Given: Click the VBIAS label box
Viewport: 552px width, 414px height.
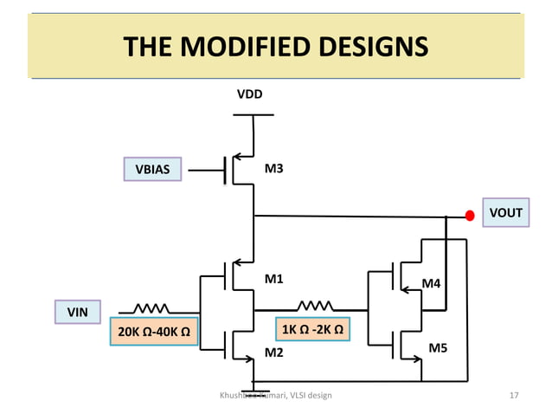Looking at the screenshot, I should pyautogui.click(x=151, y=170).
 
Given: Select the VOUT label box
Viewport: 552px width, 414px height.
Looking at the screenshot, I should pyautogui.click(x=505, y=213).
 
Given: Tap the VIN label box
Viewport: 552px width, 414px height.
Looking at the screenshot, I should pyautogui.click(x=78, y=311).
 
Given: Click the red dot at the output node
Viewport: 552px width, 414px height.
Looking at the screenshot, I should pyautogui.click(x=470, y=216).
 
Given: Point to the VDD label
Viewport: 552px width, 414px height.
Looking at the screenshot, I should pyautogui.click(x=250, y=94).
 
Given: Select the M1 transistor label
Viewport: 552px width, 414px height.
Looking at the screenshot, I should pyautogui.click(x=274, y=280).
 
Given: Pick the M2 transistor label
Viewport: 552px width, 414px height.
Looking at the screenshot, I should pyautogui.click(x=274, y=353).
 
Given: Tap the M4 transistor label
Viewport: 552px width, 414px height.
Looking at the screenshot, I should pyautogui.click(x=430, y=283).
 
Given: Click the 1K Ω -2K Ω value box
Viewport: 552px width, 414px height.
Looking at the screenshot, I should pyautogui.click(x=311, y=330).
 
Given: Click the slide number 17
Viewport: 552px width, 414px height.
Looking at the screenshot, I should pyautogui.click(x=514, y=396).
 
